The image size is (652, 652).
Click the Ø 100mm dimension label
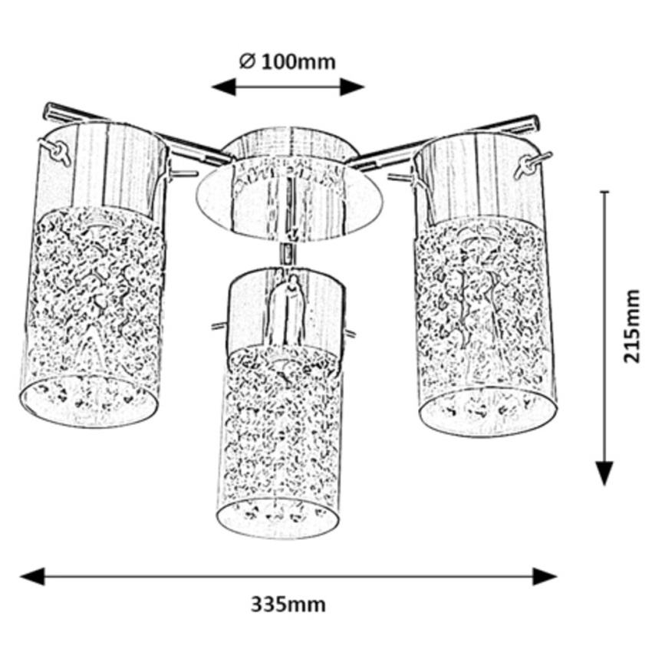[288, 61]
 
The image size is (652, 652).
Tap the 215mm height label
[631, 326]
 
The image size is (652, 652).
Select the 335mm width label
[288, 604]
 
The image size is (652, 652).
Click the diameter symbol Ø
[246, 61]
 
